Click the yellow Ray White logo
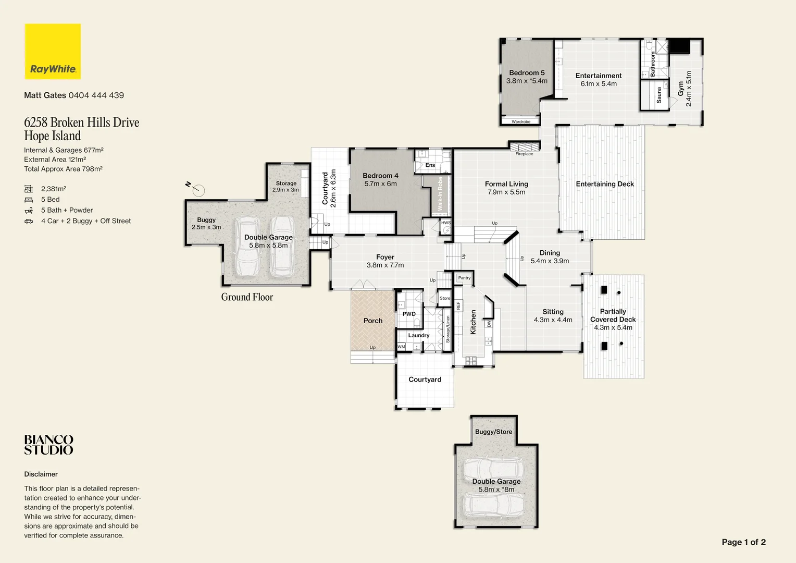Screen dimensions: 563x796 (53, 51)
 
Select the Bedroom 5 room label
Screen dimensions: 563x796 (527, 73)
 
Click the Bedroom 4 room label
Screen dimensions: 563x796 (380, 176)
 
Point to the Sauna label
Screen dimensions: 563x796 (659, 94)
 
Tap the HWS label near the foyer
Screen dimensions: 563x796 (446, 223)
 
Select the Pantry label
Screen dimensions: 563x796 (464, 278)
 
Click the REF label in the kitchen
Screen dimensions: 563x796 (458, 305)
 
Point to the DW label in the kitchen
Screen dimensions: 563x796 (489, 324)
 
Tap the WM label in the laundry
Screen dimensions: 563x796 (401, 347)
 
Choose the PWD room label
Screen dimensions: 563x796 (409, 314)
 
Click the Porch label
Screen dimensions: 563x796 (373, 321)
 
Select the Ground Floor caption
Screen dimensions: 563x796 (247, 297)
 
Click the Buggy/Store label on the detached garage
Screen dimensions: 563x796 (493, 432)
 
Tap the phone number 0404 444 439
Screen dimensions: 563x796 (96, 95)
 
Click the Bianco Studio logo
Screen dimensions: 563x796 (48, 445)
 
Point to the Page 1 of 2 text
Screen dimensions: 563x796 (743, 542)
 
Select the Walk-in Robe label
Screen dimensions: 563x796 (440, 194)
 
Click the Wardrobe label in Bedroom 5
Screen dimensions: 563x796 (521, 121)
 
